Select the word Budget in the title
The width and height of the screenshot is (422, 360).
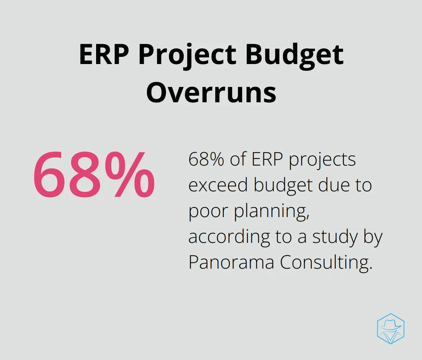295,57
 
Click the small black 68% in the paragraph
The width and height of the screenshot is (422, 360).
206,159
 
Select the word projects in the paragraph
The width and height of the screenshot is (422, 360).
322,161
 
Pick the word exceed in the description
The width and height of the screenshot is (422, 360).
218,185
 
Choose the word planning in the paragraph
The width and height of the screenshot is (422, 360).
271,212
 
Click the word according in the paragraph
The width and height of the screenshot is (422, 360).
229,238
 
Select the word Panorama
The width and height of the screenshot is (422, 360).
231,262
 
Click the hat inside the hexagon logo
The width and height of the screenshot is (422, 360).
390,325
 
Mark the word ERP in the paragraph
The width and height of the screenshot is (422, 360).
267,159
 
